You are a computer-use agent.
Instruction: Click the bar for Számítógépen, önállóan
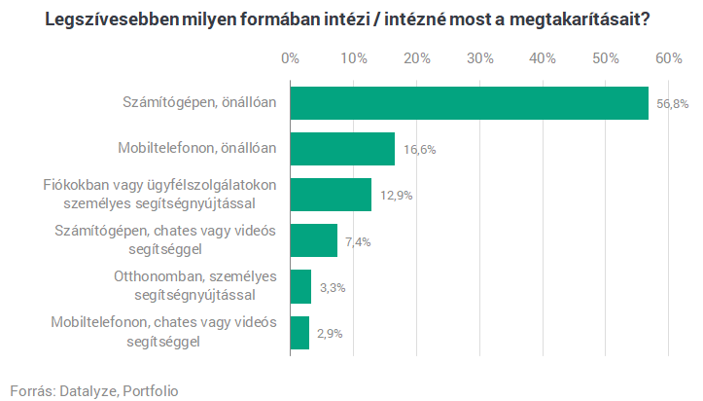469,103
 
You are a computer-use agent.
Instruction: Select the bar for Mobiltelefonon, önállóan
342,149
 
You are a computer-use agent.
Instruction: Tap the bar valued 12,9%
331,195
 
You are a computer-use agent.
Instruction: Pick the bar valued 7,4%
313,240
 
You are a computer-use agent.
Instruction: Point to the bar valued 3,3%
300,287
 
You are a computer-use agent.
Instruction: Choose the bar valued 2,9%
299,333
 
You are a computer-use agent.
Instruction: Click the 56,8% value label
672,103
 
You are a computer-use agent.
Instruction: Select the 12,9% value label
397,196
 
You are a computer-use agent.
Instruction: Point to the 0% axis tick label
290,58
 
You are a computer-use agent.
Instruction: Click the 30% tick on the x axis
479,58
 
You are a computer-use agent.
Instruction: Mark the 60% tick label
669,58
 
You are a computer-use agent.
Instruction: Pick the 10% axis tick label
353,58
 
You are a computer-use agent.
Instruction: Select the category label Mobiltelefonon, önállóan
197,149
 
